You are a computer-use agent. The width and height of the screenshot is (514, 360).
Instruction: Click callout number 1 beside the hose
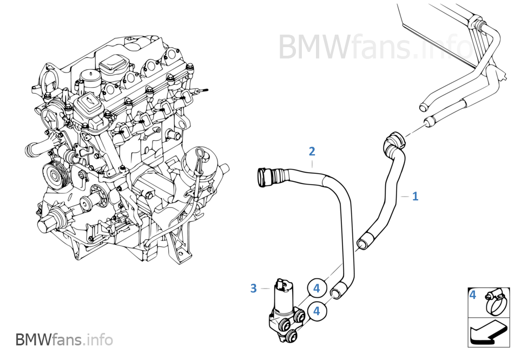click(x=415, y=196)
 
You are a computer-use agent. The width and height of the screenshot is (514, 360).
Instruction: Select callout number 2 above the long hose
click(x=312, y=151)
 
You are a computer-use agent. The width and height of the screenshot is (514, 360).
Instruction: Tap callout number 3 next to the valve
click(x=253, y=289)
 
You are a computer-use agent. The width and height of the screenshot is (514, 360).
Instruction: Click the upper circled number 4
click(x=317, y=289)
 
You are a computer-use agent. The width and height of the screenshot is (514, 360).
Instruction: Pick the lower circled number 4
click(x=317, y=311)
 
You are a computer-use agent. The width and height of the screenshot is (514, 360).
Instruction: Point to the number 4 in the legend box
click(x=473, y=295)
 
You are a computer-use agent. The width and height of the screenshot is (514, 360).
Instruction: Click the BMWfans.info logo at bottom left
click(x=64, y=340)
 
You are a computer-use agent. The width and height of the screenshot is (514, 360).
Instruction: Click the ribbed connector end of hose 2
click(x=267, y=176)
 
